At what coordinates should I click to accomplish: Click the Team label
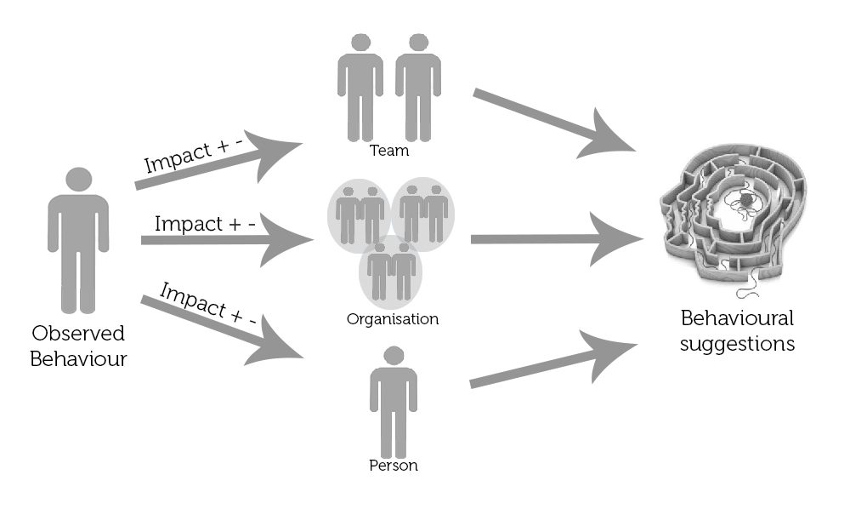point(389,151)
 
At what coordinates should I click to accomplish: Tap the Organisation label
point(393,319)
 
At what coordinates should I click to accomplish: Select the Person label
point(394,466)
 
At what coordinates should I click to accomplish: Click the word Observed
point(78,333)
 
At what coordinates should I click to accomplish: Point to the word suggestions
point(738,344)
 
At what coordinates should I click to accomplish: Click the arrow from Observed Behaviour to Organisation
point(225,241)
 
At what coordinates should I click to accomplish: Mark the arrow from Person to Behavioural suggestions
point(552,364)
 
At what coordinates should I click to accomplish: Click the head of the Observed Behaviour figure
point(78,180)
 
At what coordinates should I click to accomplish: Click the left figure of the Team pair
point(360,85)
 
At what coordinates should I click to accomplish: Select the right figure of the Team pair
point(417,85)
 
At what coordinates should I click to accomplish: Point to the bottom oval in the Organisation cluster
point(391,271)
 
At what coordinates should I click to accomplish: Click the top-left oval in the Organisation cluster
point(359,213)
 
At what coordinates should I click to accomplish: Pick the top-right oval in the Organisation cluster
point(422,213)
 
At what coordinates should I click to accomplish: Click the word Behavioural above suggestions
point(737,318)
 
